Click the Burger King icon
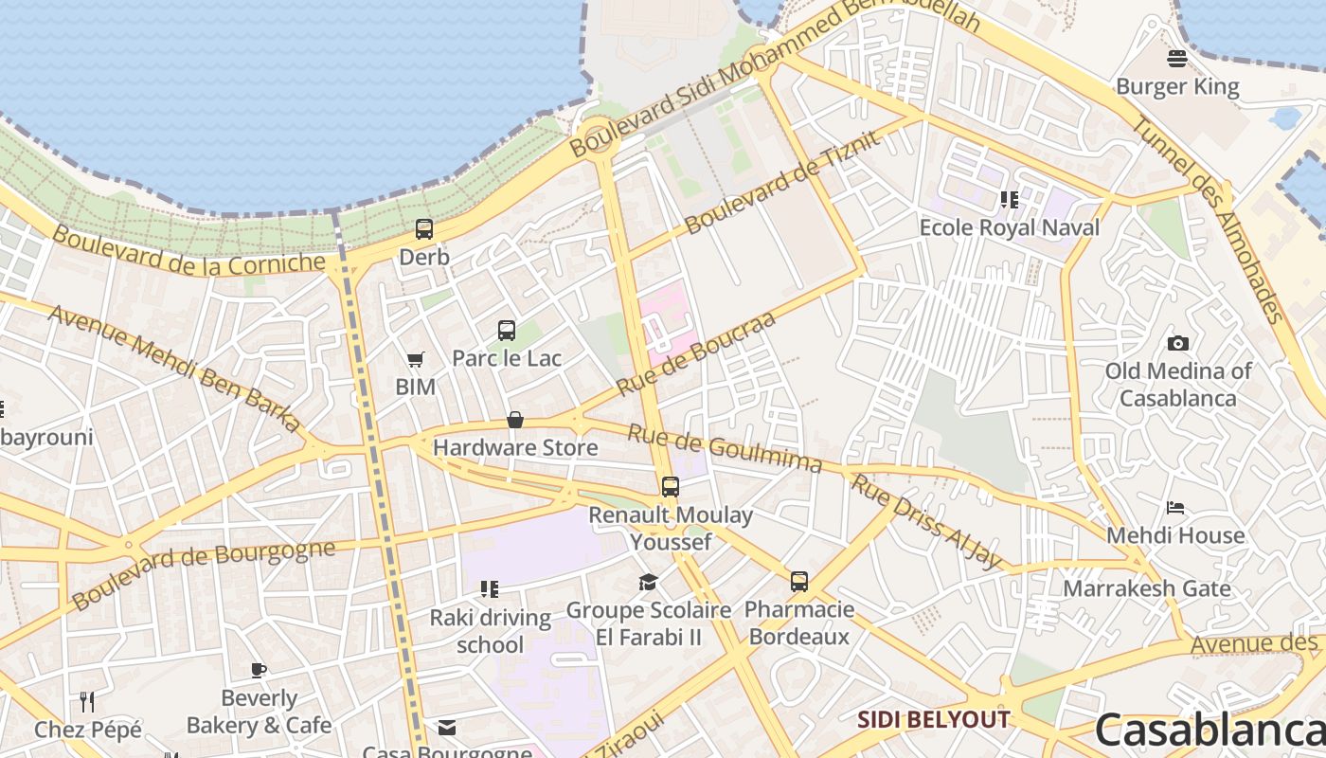click(1177, 59)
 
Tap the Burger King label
click(1177, 87)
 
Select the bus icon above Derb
click(424, 228)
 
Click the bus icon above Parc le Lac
click(507, 330)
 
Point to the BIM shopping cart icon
click(415, 359)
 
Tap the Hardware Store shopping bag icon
click(515, 420)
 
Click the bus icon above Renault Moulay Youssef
click(671, 487)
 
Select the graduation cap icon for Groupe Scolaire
click(648, 582)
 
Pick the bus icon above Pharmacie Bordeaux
click(799, 581)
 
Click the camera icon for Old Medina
click(1178, 343)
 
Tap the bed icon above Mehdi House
click(1175, 508)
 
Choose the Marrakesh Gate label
click(1146, 588)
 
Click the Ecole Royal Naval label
click(1010, 227)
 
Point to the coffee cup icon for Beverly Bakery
click(259, 671)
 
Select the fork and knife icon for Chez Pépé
click(87, 701)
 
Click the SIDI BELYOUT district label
click(933, 720)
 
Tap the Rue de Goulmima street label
click(726, 448)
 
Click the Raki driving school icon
click(489, 589)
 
